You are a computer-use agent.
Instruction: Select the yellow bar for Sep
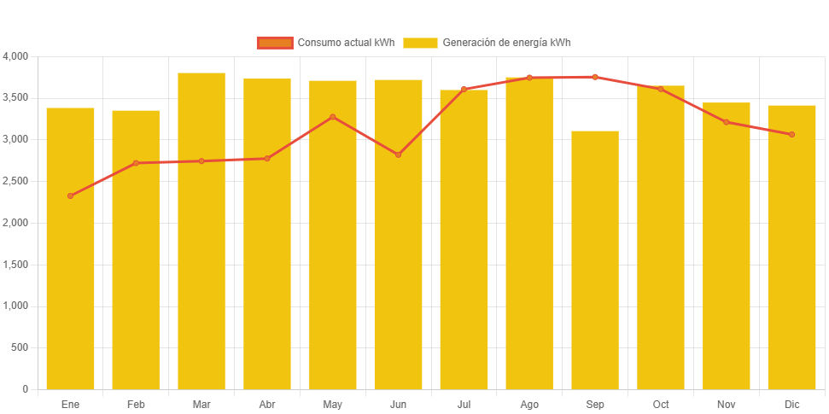595,259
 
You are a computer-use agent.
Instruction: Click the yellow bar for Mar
201,230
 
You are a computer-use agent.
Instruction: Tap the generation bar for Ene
70,248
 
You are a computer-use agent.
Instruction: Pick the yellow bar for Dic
791,247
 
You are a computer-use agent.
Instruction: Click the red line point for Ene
70,196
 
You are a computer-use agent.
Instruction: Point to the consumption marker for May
333,117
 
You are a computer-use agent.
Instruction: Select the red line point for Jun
398,155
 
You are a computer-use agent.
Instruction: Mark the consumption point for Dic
791,135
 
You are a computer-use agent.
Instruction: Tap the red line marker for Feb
136,163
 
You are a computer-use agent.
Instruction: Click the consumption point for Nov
726,122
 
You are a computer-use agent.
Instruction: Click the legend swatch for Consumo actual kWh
274,43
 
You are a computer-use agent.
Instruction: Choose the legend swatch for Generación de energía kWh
420,43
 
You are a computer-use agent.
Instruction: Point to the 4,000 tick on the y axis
16,56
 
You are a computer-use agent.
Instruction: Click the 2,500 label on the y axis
16,181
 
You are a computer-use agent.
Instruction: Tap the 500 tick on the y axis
20,347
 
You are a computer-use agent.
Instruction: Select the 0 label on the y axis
25,389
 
